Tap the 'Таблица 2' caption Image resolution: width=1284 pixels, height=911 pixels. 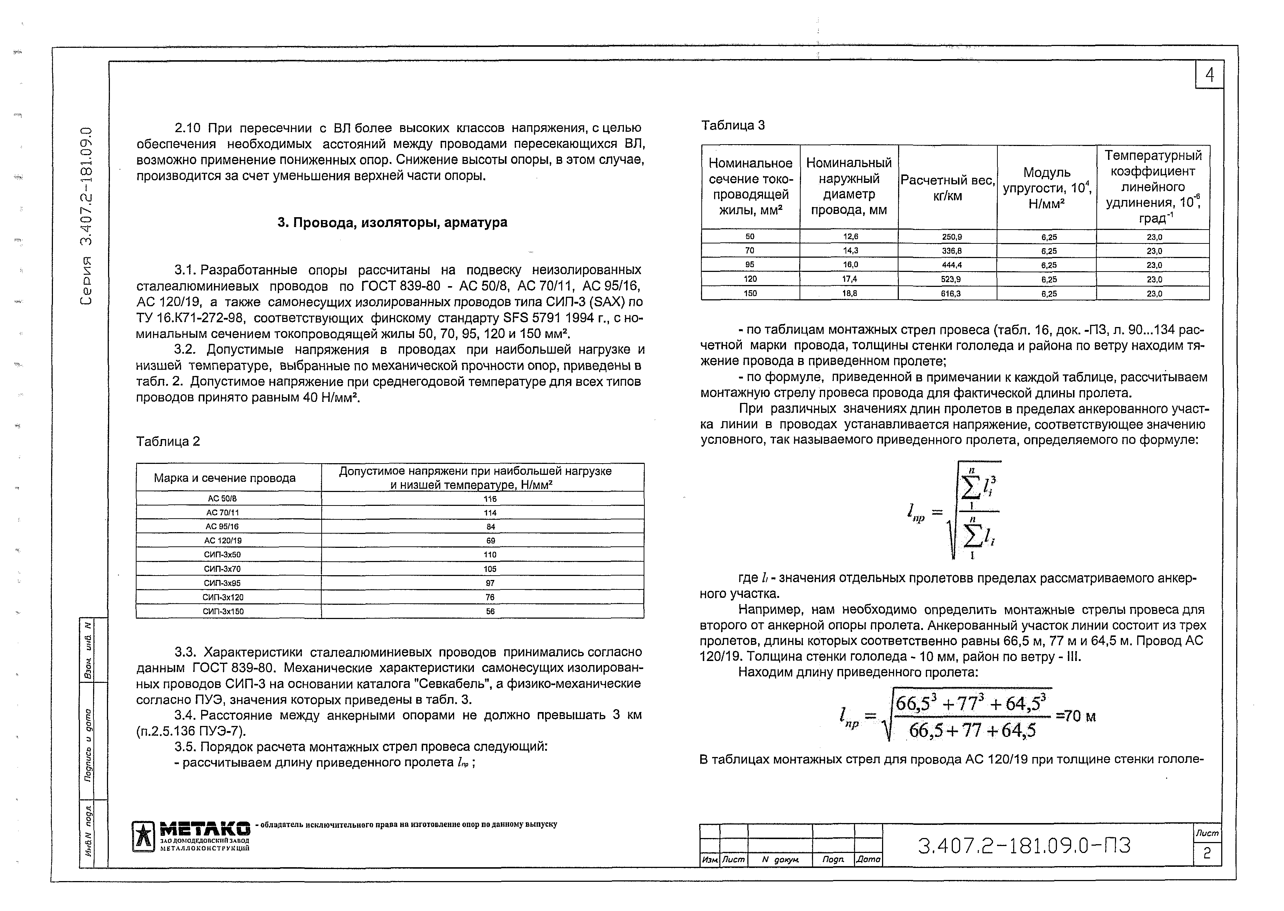(168, 442)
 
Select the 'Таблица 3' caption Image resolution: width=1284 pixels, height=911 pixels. (733, 126)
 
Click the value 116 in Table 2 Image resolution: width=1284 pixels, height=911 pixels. (490, 499)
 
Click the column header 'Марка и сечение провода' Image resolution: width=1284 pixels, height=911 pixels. (225, 478)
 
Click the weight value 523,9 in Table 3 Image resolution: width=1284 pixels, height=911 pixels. (947, 279)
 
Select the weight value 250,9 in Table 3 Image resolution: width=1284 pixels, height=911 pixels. (947, 237)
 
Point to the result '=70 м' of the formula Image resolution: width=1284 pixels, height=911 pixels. (1075, 716)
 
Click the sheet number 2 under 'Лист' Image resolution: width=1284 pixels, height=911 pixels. (1207, 853)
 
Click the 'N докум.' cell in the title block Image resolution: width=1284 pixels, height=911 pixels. (780, 860)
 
